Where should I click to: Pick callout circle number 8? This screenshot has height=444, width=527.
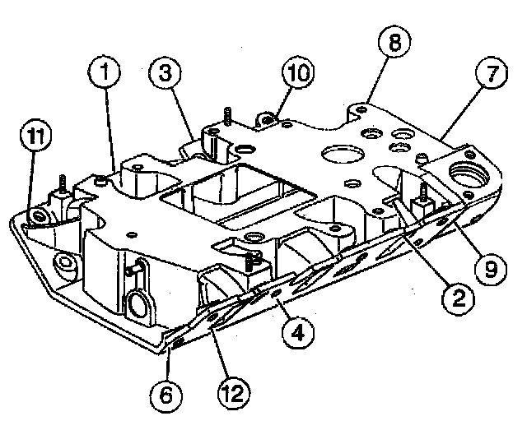pos(395,42)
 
